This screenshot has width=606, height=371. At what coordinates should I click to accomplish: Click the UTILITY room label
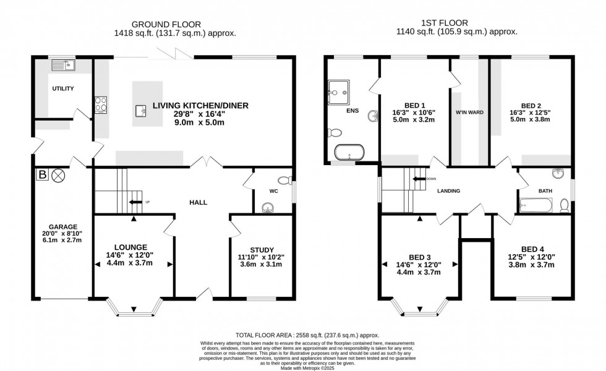(62, 88)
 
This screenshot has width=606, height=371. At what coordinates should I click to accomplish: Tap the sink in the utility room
(62, 64)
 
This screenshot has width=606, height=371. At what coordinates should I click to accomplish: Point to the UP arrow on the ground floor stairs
(135, 202)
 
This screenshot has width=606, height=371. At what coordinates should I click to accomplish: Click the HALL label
(198, 202)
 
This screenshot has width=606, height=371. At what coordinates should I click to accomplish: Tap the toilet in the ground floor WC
(285, 181)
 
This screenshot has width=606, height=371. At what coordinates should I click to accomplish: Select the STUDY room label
(262, 249)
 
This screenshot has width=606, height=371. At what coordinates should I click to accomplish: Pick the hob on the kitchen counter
(100, 106)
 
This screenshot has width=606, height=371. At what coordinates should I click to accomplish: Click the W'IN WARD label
(469, 113)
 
